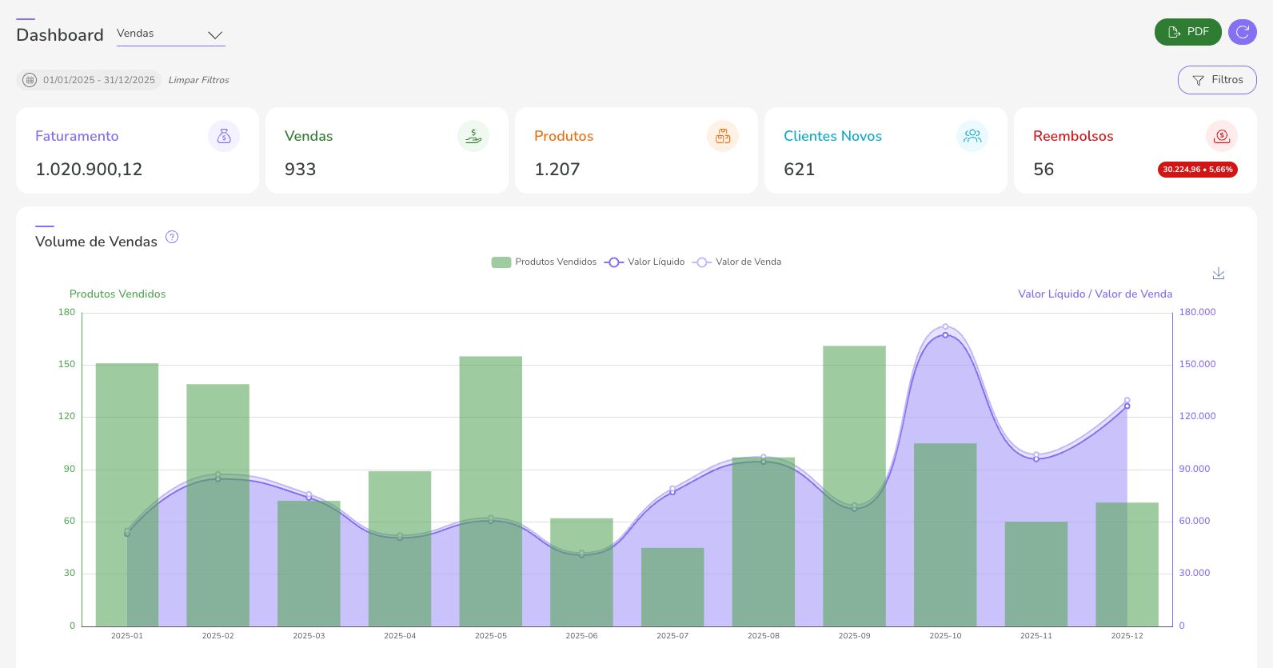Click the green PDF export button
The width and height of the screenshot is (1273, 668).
(1187, 32)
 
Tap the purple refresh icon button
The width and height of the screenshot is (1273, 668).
(1242, 32)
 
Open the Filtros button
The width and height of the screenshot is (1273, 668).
(1216, 80)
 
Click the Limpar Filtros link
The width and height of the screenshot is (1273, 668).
(198, 80)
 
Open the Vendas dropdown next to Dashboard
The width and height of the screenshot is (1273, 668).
(170, 34)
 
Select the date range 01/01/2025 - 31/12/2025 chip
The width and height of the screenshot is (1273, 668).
(89, 80)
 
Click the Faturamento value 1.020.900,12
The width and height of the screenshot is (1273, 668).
(89, 170)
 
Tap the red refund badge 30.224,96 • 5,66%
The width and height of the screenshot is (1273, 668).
(1197, 170)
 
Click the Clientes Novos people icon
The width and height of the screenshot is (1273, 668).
(972, 136)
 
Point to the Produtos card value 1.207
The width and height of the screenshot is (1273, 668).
(557, 170)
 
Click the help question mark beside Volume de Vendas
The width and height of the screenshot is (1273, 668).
(172, 238)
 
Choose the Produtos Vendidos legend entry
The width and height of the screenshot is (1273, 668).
(544, 262)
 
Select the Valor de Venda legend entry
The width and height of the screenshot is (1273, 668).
(737, 262)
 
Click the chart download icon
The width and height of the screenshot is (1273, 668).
(1218, 274)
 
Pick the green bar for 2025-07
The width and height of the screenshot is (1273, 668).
(672, 588)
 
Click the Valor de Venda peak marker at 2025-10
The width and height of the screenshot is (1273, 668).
(945, 326)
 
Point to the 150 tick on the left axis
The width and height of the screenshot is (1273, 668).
(67, 364)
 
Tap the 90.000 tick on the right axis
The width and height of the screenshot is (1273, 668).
(1194, 469)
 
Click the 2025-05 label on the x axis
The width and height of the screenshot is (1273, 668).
(490, 636)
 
